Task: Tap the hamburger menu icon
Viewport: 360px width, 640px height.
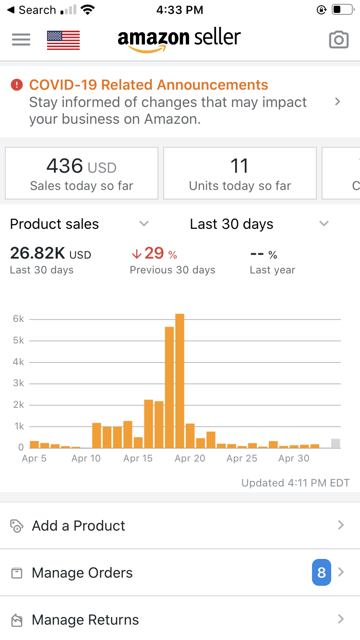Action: pos(21,39)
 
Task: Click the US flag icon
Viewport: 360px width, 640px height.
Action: pos(63,40)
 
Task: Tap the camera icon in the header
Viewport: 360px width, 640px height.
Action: pos(338,40)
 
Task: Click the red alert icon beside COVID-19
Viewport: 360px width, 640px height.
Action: pos(17,85)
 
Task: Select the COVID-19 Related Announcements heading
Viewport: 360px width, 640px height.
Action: pos(148,85)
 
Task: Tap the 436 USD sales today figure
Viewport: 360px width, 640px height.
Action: pos(81,167)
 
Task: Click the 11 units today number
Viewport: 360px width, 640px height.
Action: pos(240,166)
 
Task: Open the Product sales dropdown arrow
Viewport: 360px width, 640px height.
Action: pos(144,224)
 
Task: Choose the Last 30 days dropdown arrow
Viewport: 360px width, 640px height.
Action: pos(324,224)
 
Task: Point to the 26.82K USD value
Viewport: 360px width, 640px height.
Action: pos(50,254)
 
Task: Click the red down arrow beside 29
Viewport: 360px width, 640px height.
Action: pos(136,254)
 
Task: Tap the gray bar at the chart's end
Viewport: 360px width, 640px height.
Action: pos(336,443)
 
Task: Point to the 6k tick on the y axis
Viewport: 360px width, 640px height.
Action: pos(19,319)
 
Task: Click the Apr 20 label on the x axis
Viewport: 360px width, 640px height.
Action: pos(190,459)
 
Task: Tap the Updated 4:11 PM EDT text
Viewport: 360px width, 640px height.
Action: pos(295,483)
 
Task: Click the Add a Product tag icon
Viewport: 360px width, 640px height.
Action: pos(17,526)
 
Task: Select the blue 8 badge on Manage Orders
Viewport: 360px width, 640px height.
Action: pos(322,572)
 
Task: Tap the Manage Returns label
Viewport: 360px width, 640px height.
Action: pos(85,620)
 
